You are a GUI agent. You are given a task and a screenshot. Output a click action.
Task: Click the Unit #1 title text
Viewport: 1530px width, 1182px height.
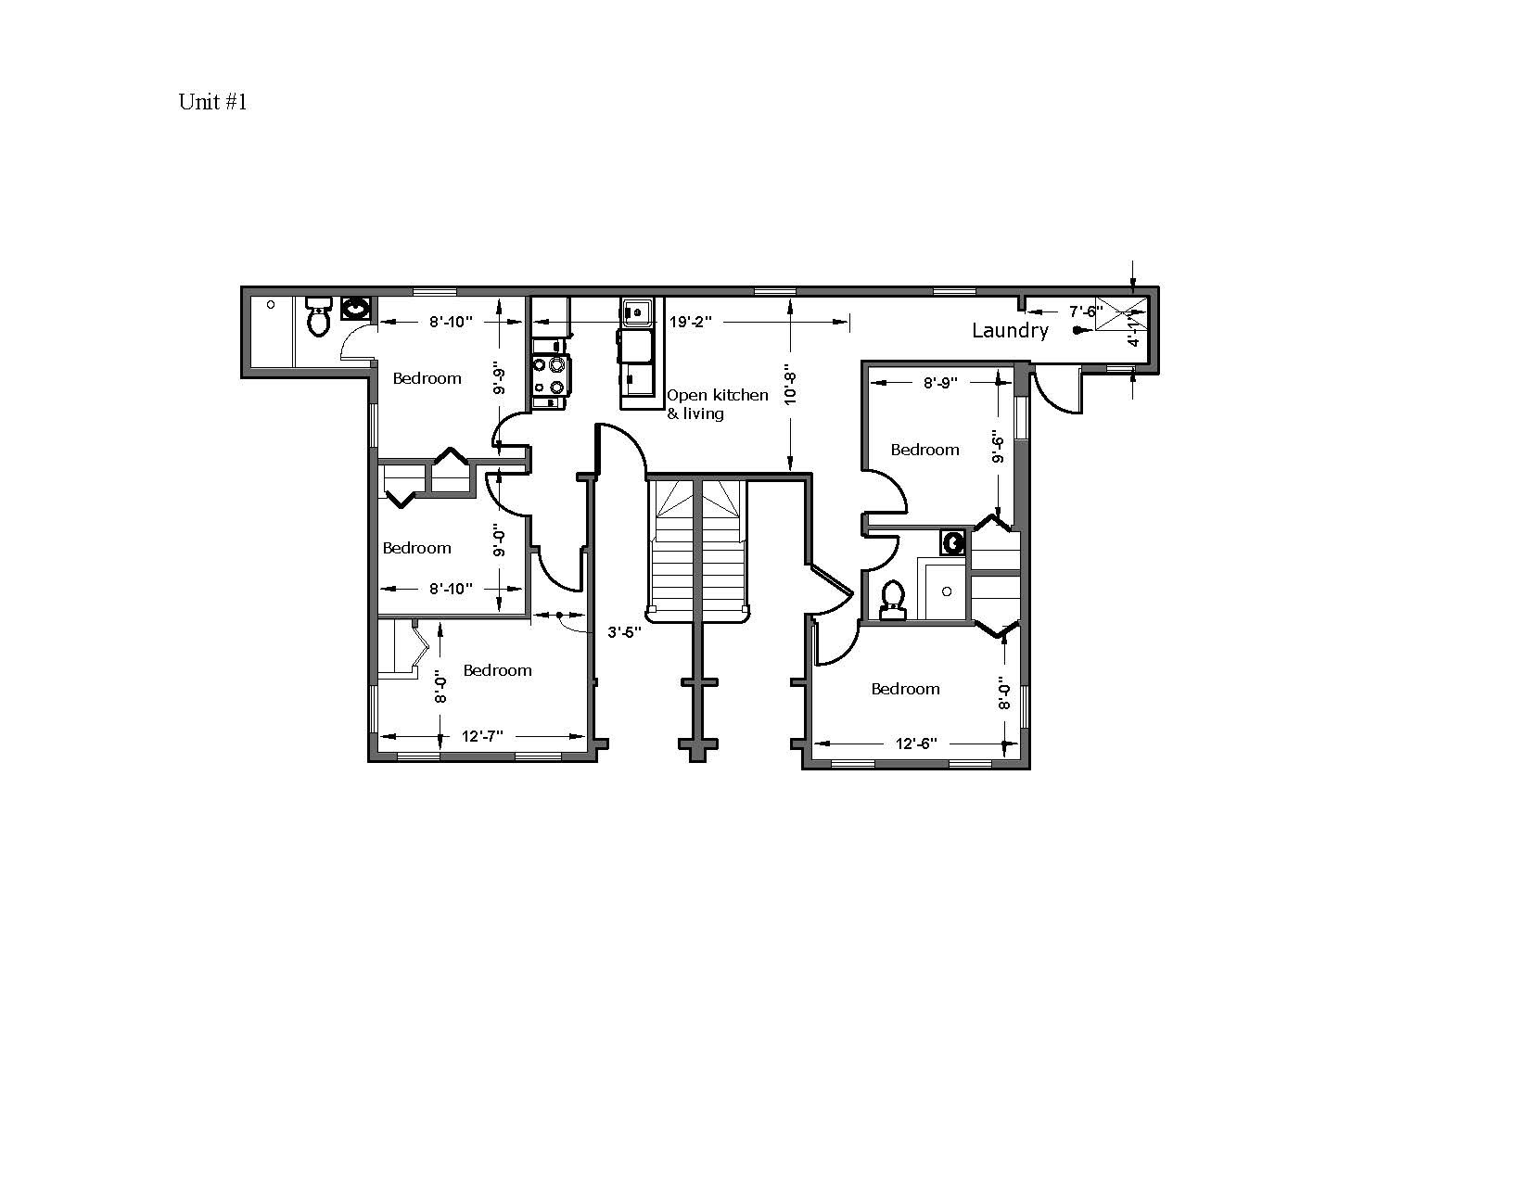point(212,102)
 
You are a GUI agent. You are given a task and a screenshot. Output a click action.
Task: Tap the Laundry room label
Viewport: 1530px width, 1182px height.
point(1010,331)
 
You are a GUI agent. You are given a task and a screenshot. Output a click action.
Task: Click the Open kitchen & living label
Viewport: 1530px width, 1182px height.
point(717,404)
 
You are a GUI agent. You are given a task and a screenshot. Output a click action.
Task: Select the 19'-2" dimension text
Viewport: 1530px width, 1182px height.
point(690,323)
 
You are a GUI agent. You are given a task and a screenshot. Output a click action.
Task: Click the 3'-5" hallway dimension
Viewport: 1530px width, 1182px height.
point(625,633)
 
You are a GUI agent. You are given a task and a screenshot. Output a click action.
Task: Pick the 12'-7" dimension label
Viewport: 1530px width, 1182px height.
point(482,736)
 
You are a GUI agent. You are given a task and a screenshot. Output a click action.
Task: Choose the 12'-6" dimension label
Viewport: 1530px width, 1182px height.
point(916,744)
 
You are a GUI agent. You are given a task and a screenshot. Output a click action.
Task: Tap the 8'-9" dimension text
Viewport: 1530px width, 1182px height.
point(940,382)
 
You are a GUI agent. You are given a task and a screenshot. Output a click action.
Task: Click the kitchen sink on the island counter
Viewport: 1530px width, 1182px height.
point(636,312)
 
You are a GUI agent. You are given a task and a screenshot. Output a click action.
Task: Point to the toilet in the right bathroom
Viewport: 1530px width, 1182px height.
point(893,599)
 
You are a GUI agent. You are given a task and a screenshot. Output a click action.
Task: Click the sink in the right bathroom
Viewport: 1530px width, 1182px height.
point(952,542)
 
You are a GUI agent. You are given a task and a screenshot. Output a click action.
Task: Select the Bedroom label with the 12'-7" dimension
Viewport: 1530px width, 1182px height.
point(497,670)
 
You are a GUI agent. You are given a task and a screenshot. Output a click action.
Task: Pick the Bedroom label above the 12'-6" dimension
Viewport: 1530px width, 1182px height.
point(905,689)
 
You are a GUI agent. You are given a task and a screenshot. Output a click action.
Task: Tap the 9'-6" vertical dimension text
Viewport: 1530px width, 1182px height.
point(997,448)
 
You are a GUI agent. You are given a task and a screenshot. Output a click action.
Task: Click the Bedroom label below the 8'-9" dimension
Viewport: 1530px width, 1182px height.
point(924,450)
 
